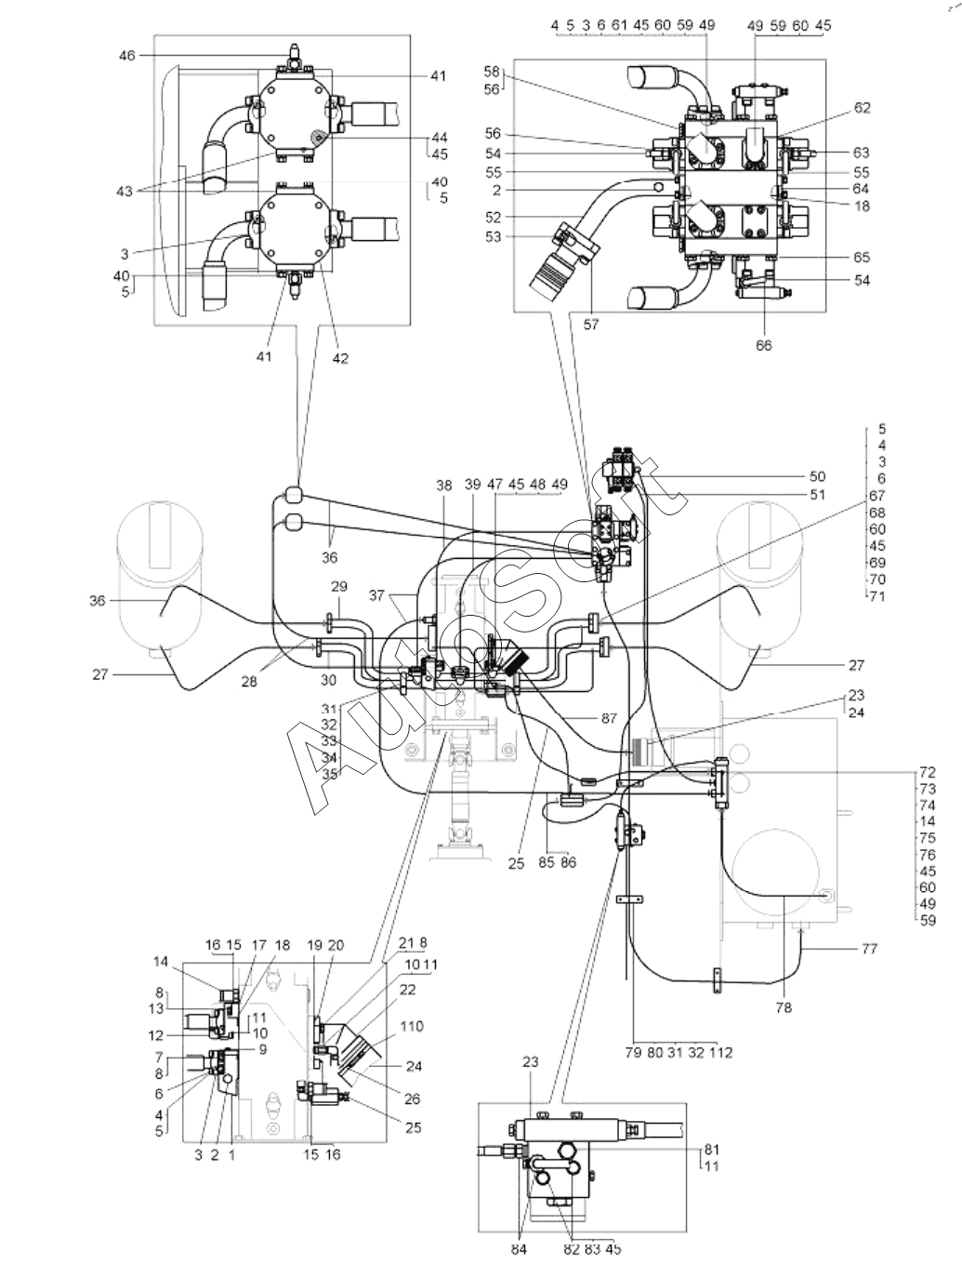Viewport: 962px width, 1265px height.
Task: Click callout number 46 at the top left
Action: (x=126, y=55)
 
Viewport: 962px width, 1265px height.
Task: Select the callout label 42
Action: (x=340, y=358)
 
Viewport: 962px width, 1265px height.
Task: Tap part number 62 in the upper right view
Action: (x=862, y=108)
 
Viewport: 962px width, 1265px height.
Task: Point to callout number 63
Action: (x=862, y=153)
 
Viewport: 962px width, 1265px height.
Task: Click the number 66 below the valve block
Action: (x=763, y=345)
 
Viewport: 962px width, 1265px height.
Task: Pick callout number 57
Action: (x=591, y=325)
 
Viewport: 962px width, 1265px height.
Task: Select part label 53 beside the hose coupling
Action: (x=494, y=237)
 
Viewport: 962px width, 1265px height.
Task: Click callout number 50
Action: (x=817, y=476)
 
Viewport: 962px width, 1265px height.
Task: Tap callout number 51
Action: (x=817, y=495)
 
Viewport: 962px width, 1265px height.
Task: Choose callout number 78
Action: (x=784, y=1007)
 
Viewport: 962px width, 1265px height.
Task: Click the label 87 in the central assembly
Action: (x=609, y=718)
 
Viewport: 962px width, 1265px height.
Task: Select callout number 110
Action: (x=412, y=1026)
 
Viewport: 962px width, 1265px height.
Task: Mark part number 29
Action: (x=339, y=587)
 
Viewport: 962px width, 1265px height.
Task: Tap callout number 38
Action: (x=444, y=486)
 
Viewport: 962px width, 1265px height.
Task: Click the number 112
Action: (x=720, y=1053)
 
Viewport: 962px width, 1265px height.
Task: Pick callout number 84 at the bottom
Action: (x=519, y=1249)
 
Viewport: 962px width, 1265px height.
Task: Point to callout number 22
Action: (x=407, y=990)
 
